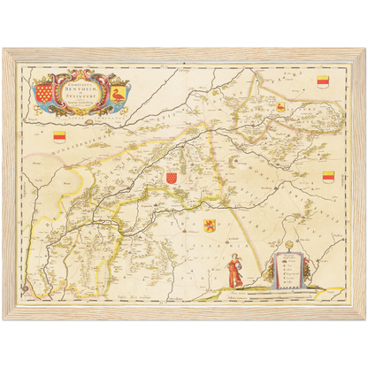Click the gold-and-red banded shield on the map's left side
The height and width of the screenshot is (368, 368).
coord(58,136)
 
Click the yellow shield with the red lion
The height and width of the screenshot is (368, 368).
coord(211,224)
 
